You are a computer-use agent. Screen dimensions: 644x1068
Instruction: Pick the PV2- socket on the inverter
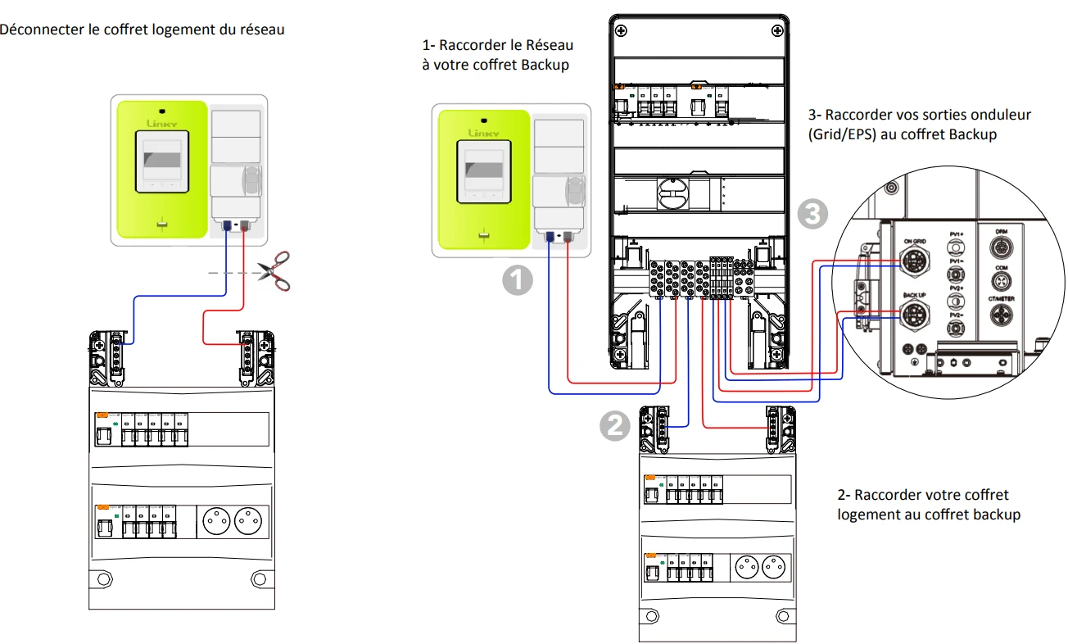pos(955,329)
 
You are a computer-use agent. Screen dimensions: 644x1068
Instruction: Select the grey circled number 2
pos(614,424)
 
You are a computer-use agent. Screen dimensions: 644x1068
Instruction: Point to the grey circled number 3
pos(811,215)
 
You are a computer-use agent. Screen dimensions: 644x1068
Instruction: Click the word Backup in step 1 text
pos(545,64)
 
